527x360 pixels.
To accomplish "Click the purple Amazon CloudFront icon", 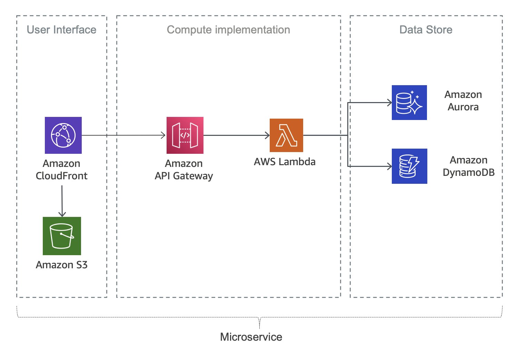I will click(63, 135).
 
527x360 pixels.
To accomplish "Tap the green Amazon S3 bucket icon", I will click(62, 236).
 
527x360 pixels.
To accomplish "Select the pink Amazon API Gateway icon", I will click(185, 135).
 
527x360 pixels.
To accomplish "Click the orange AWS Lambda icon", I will click(286, 135).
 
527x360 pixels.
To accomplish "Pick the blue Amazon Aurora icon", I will click(409, 102).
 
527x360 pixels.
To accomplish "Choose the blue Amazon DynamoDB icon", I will click(409, 166).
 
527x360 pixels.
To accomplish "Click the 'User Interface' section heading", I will click(61, 30).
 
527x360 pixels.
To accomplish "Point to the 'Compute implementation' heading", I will click(228, 30).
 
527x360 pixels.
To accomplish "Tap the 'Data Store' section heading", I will click(426, 30).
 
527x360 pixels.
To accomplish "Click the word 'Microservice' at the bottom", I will click(251, 337).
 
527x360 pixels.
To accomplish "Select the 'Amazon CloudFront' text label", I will click(62, 170).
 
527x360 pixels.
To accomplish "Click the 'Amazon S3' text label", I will click(62, 265).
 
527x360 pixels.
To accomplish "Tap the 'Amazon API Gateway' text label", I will click(184, 170).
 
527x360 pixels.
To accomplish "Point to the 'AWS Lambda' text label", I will click(285, 162).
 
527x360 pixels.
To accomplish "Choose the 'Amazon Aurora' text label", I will click(463, 101).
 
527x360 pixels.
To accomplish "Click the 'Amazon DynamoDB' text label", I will click(468, 166).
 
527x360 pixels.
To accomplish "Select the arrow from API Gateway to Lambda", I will click(236, 135).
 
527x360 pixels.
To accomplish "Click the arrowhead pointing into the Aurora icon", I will click(389, 102).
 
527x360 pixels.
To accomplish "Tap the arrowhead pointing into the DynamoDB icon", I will click(389, 166).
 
